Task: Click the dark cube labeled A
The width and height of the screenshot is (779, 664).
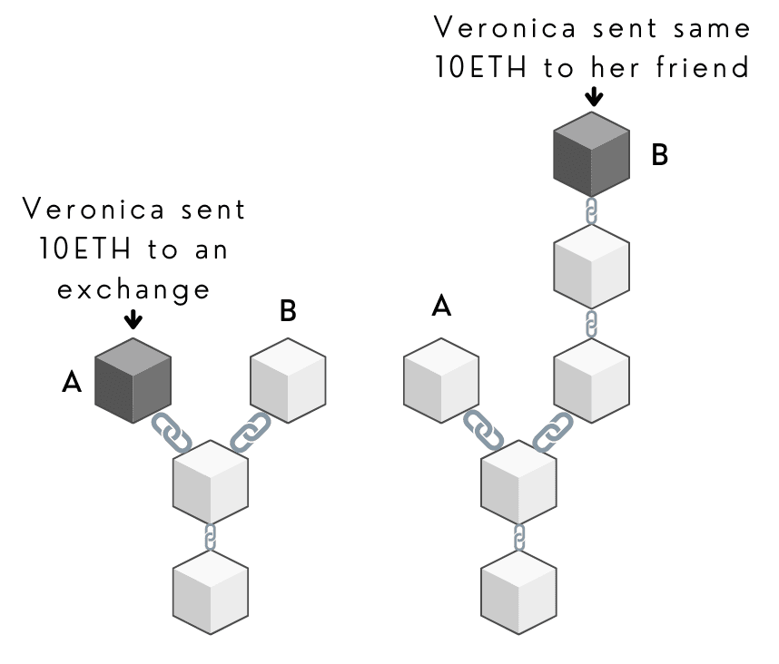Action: click(133, 379)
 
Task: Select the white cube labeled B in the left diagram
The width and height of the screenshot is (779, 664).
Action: click(287, 379)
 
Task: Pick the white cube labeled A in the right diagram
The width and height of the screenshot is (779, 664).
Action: click(441, 379)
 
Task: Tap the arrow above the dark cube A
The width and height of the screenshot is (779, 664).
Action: click(133, 318)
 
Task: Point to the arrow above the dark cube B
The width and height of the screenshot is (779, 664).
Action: click(593, 95)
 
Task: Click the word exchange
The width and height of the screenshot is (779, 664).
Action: click(133, 289)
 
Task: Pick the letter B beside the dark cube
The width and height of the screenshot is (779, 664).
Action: click(660, 155)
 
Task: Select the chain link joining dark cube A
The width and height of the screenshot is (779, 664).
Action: click(173, 433)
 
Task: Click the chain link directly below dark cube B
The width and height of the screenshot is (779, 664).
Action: click(591, 211)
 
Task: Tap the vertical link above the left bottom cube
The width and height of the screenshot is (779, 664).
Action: click(211, 537)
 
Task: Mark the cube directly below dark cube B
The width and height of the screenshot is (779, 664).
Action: click(591, 264)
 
